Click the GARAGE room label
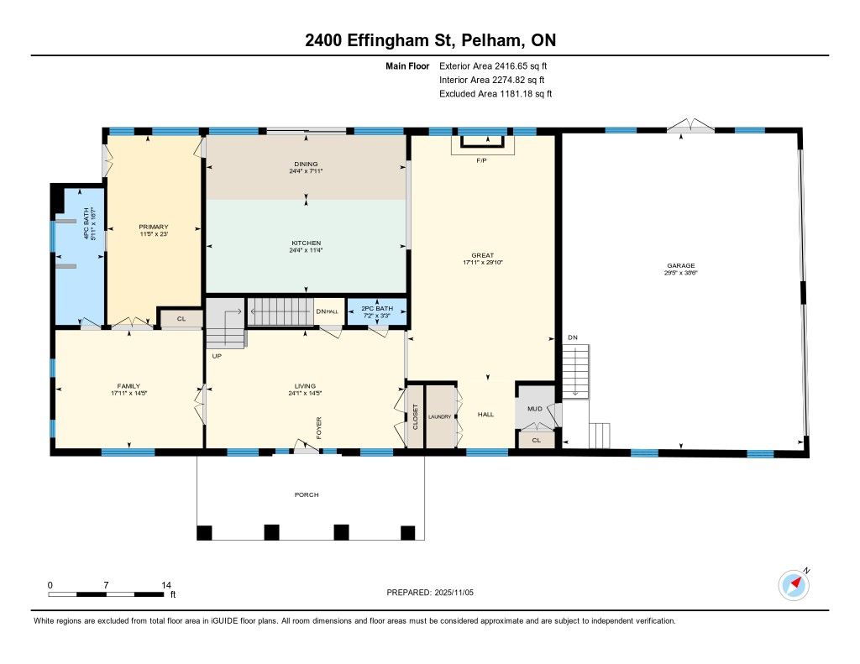680,265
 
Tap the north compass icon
794,586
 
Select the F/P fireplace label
481,160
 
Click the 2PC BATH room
377,312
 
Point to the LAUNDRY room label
440,416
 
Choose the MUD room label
535,409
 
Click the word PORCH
307,494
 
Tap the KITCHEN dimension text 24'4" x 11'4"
306,250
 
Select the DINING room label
306,164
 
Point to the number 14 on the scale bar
166,585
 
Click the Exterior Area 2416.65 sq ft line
493,65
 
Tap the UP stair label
217,356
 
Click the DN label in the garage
573,337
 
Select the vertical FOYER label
318,427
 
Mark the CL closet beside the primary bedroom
181,318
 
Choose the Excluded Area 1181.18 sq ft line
496,94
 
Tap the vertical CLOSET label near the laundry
415,416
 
